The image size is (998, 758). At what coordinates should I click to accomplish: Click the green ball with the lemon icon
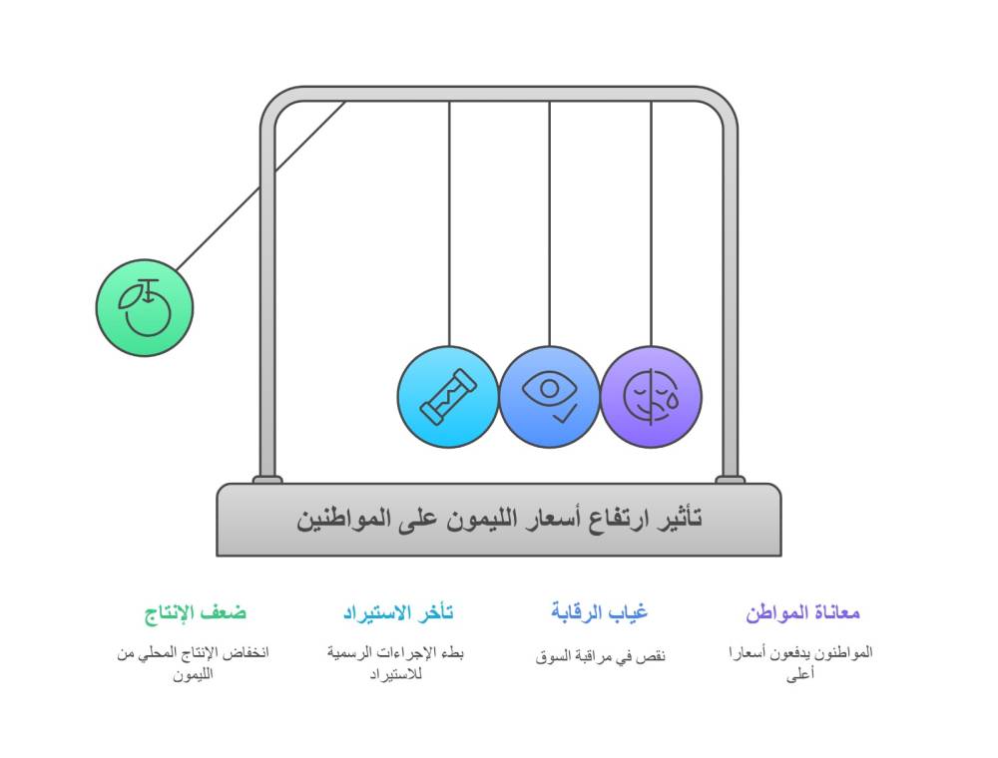(x=145, y=306)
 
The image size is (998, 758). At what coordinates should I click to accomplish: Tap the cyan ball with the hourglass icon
(x=447, y=397)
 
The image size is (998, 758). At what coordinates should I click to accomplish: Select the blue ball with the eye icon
(x=549, y=397)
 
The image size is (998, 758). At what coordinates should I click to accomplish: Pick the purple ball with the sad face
(x=651, y=397)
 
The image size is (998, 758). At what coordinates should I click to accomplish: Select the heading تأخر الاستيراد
(x=397, y=612)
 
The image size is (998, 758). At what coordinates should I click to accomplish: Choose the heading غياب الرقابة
(x=599, y=612)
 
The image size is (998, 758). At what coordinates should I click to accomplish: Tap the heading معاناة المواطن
(x=802, y=612)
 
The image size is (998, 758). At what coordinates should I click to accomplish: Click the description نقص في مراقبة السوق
(x=599, y=655)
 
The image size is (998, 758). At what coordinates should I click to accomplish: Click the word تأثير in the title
(x=678, y=519)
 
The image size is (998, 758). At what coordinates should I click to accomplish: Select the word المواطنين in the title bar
(x=339, y=519)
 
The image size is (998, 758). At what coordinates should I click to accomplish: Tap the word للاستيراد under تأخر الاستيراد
(x=397, y=674)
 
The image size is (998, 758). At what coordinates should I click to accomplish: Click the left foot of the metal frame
(x=266, y=480)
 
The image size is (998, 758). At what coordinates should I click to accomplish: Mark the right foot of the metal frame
(x=730, y=480)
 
